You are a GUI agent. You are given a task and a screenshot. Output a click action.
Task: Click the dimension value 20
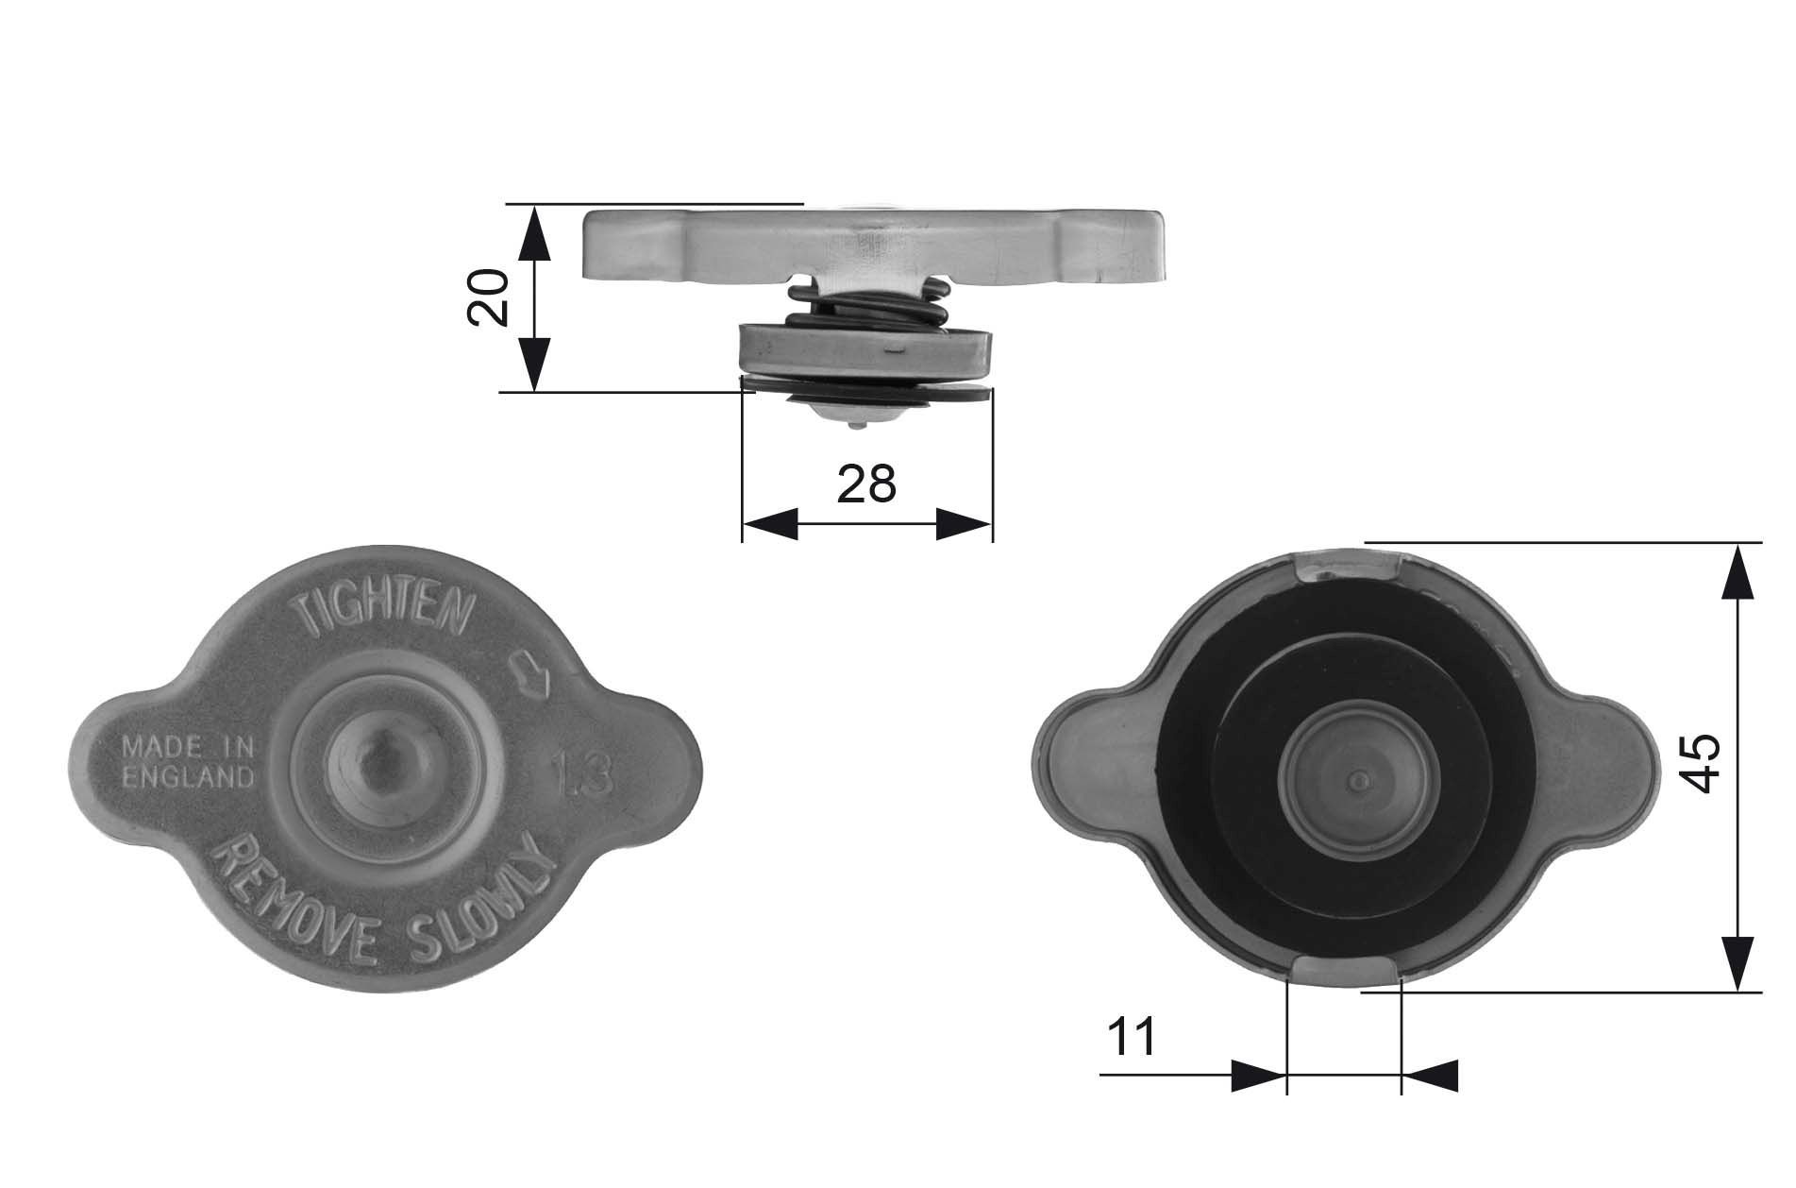coord(489,297)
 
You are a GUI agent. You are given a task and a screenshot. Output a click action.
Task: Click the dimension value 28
coord(866,484)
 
